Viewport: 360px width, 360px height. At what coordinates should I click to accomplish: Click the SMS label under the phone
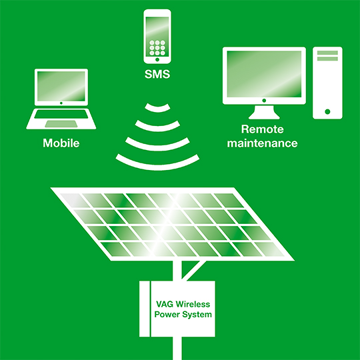[x=157, y=74]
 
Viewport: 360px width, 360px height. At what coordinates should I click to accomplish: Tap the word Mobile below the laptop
[x=61, y=143]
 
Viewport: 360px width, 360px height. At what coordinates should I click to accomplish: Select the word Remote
[x=262, y=129]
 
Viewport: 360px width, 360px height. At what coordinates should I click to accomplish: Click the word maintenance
[x=262, y=143]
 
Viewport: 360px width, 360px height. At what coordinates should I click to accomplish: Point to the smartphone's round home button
[x=157, y=60]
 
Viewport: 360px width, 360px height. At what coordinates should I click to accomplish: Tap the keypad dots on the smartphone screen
[x=157, y=48]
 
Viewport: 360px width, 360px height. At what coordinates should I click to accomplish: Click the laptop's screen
[x=61, y=86]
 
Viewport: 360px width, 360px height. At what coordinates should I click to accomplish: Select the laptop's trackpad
[x=61, y=124]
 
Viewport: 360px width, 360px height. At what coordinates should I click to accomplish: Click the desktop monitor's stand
[x=264, y=112]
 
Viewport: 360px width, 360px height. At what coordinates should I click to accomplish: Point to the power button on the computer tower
[x=327, y=112]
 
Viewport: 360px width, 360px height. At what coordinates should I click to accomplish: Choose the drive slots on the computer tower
[x=327, y=55]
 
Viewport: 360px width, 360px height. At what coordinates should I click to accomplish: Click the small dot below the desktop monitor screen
[x=264, y=100]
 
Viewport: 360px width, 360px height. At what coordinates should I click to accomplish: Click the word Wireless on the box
[x=193, y=304]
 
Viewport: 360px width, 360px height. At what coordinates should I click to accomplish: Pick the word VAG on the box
[x=165, y=304]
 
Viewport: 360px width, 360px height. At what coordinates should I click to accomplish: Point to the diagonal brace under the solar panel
[x=194, y=271]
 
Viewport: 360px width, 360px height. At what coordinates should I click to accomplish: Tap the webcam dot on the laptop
[x=61, y=103]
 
